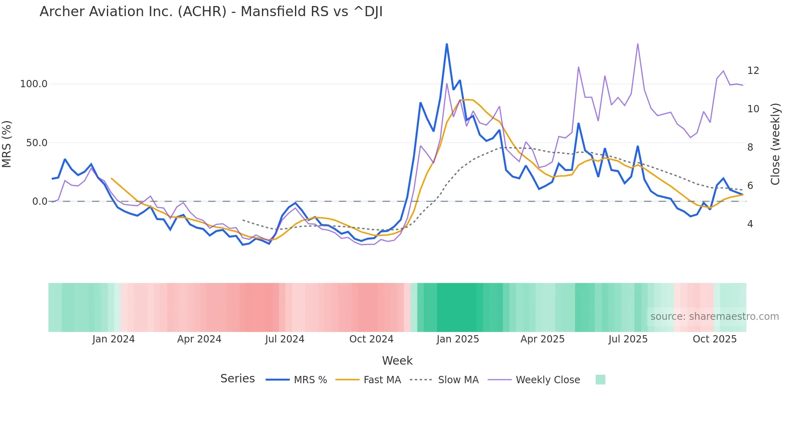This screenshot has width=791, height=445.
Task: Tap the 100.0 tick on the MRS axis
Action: pyautogui.click(x=33, y=84)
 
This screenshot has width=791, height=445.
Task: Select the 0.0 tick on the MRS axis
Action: pyautogui.click(x=40, y=202)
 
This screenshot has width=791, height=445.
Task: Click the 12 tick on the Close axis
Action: pyautogui.click(x=753, y=71)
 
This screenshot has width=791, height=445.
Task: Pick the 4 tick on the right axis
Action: pyautogui.click(x=750, y=224)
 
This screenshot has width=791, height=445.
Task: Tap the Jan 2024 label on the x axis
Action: pyautogui.click(x=113, y=339)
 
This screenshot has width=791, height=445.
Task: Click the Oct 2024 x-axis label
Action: pyautogui.click(x=371, y=339)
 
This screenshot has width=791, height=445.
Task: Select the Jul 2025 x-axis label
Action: pyautogui.click(x=628, y=339)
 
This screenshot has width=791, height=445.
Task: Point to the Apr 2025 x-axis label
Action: pyautogui.click(x=542, y=339)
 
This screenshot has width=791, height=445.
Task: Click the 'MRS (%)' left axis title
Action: pyautogui.click(x=7, y=144)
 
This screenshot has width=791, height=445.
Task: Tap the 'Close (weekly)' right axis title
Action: pyautogui.click(x=775, y=144)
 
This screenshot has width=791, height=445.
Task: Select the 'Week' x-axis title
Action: pyautogui.click(x=397, y=361)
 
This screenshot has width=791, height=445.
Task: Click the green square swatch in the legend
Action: pyautogui.click(x=600, y=380)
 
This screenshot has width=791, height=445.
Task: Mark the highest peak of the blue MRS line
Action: pyautogui.click(x=447, y=44)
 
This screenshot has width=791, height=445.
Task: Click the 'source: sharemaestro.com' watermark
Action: pyautogui.click(x=714, y=317)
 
